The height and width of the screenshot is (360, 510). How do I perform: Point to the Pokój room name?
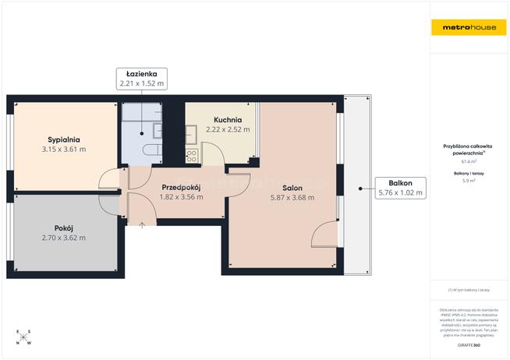pyautogui.click(x=64, y=228)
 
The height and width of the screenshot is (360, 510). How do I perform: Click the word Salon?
pyautogui.click(x=292, y=188)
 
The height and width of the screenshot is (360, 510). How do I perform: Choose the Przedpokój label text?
pyautogui.click(x=181, y=187)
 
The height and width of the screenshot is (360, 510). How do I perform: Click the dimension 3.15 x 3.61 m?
pyautogui.click(x=64, y=149)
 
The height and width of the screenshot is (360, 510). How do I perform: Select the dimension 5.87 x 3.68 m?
pyautogui.click(x=292, y=198)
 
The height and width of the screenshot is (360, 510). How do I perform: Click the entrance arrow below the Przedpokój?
pyautogui.click(x=142, y=226)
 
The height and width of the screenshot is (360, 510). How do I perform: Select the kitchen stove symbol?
pyautogui.click(x=192, y=155)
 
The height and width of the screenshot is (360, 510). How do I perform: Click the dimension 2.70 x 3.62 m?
pyautogui.click(x=64, y=238)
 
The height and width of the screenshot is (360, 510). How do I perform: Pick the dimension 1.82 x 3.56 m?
pyautogui.click(x=181, y=197)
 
